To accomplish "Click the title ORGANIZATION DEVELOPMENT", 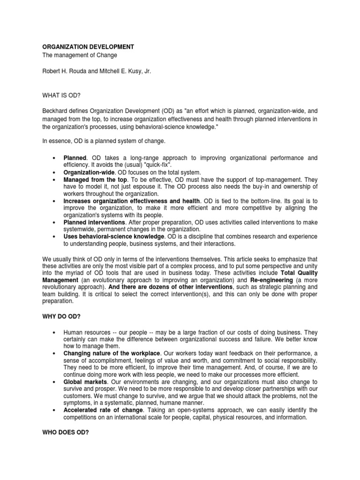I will (88, 47).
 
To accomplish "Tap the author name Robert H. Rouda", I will (67, 70).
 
